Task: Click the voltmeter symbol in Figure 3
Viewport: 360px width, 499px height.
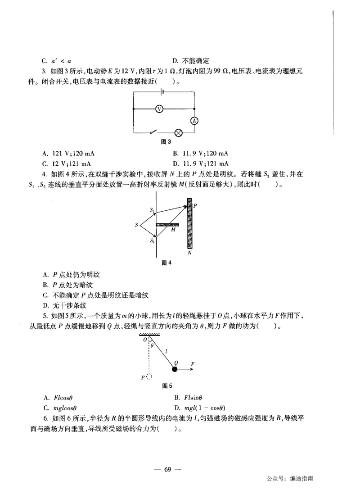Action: (x=158, y=109)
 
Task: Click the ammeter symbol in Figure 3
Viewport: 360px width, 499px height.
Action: (x=194, y=121)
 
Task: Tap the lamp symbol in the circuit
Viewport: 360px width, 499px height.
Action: (x=178, y=132)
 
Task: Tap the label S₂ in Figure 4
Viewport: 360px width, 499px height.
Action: (x=152, y=241)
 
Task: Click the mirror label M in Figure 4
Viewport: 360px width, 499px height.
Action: (x=173, y=230)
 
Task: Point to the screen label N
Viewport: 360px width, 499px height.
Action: (x=190, y=253)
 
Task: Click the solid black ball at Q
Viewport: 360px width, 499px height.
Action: (x=175, y=369)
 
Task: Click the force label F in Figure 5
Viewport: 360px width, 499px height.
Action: (x=193, y=363)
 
